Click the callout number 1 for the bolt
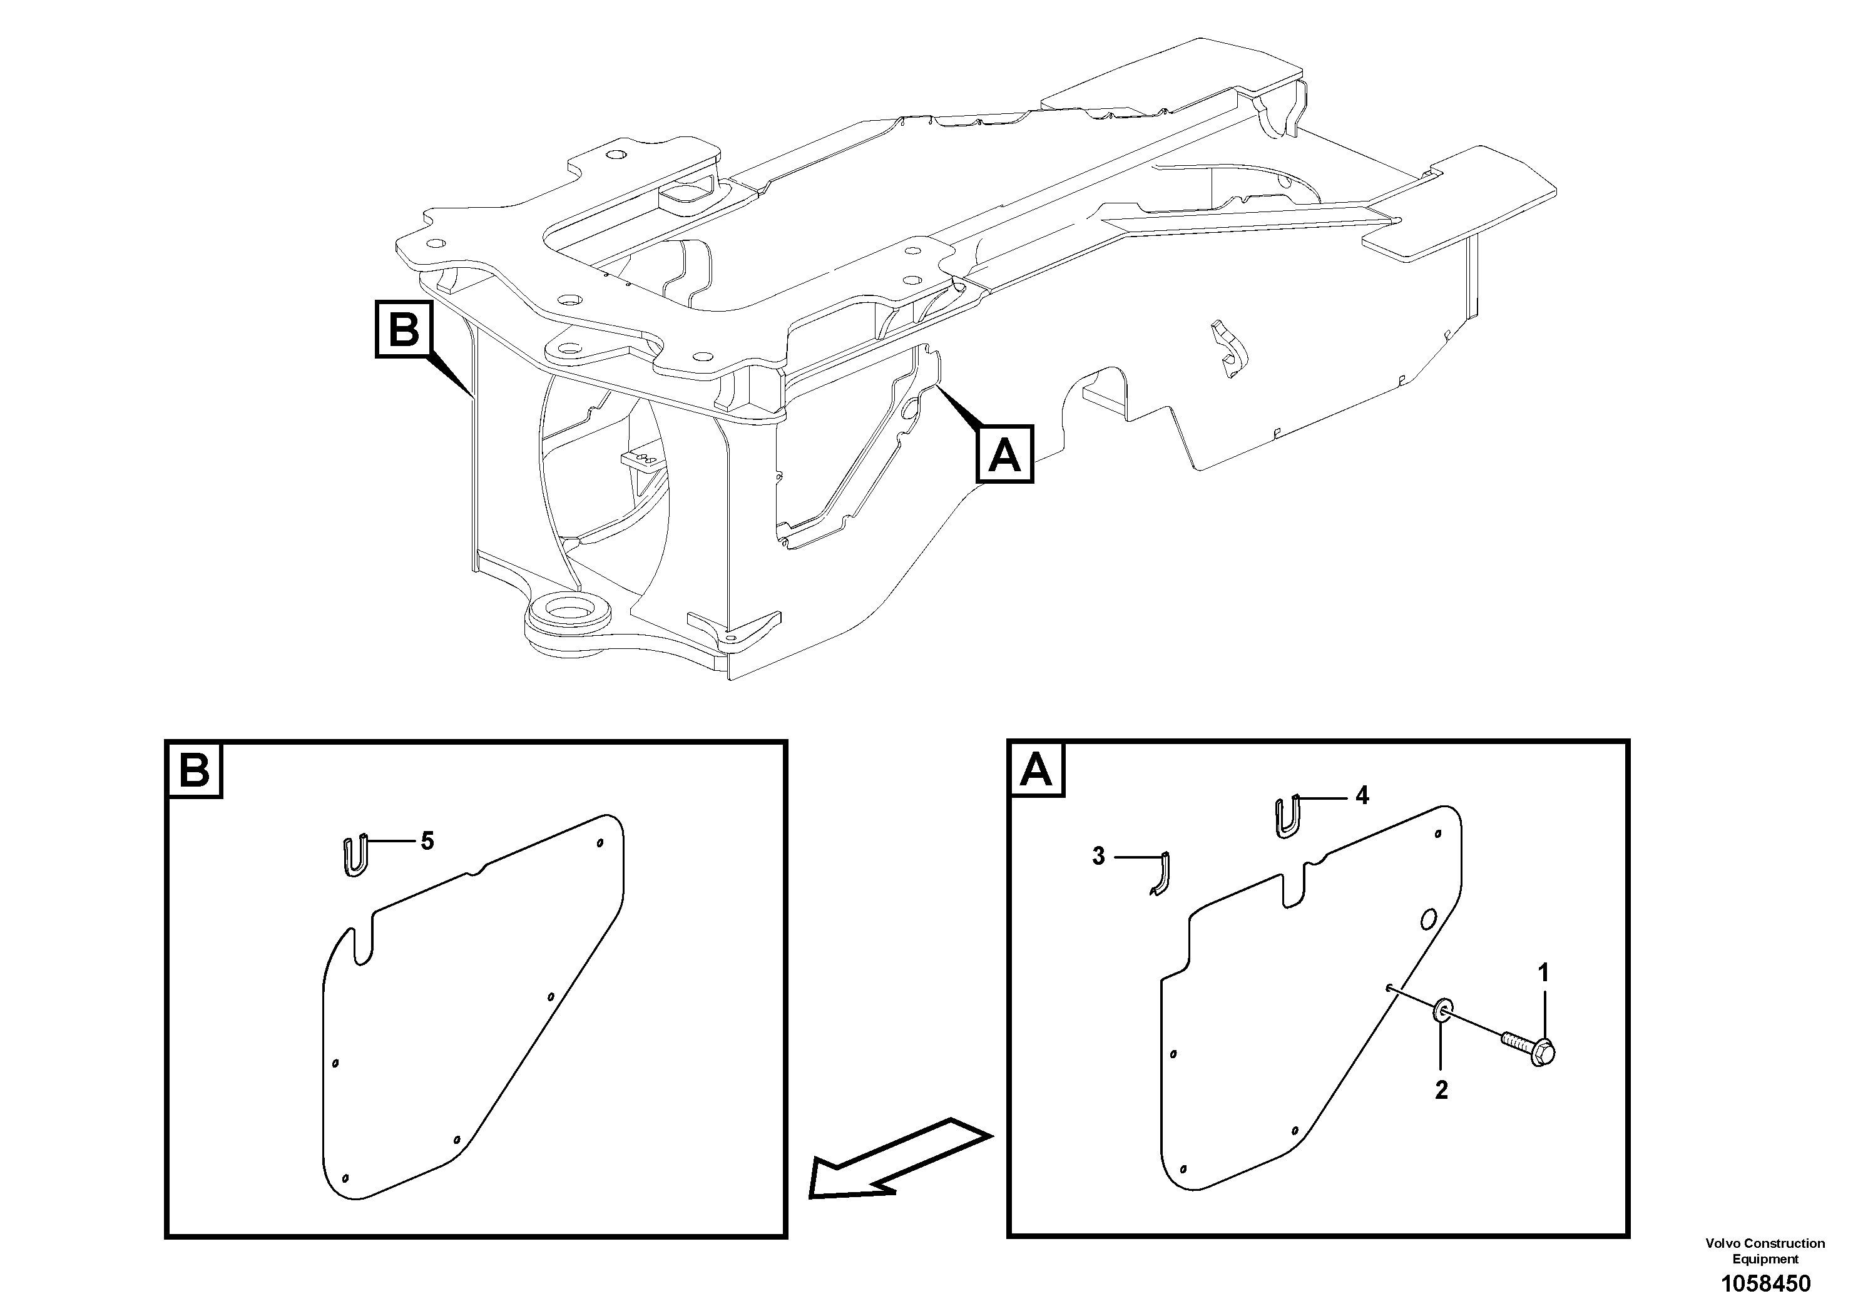coord(1543,972)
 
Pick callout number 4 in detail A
coord(1362,796)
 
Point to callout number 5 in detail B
coord(427,842)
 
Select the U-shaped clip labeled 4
coord(1289,816)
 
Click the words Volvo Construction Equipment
coord(1765,1250)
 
